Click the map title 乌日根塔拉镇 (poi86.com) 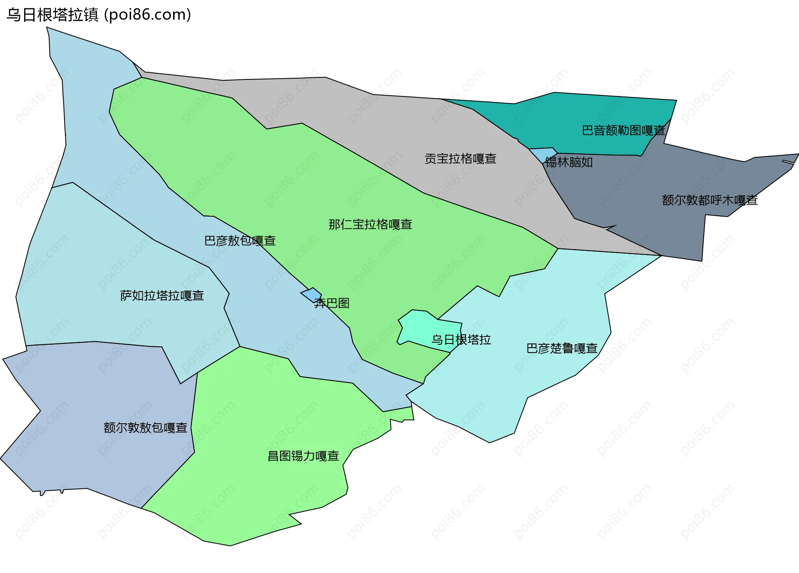(x=99, y=15)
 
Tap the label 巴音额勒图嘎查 (x=623, y=131)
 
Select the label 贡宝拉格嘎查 (x=460, y=159)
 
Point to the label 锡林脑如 (x=569, y=162)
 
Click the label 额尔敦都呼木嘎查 (x=710, y=200)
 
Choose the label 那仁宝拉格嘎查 (x=370, y=225)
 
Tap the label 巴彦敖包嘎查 (x=240, y=241)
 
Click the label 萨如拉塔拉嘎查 (x=162, y=296)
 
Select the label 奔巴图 (x=332, y=303)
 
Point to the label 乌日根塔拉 (x=461, y=340)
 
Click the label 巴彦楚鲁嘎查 (x=562, y=348)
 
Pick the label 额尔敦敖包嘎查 (x=145, y=428)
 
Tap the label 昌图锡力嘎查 (x=303, y=456)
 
